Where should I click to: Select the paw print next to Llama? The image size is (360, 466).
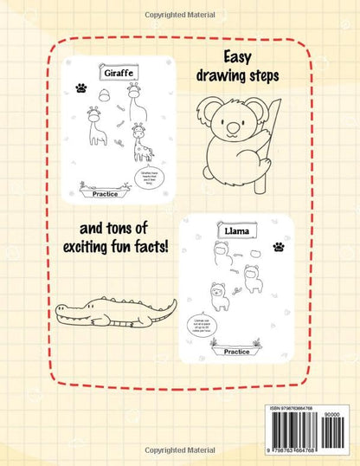tap(278, 247)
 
